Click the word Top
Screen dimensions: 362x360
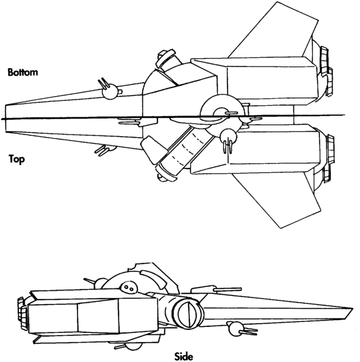(x=16, y=160)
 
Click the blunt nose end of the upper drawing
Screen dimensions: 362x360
(x=7, y=118)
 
